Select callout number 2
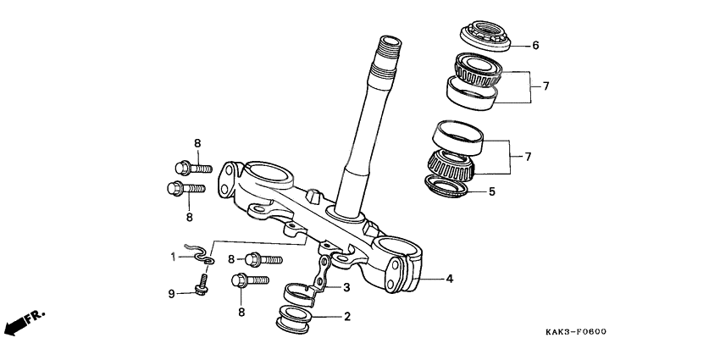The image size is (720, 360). (346, 318)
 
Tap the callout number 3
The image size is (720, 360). (346, 288)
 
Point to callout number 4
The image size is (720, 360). (450, 278)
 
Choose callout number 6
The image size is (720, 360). (534, 46)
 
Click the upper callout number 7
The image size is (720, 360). (546, 86)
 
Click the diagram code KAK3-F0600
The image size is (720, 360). (576, 333)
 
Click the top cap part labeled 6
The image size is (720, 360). (485, 37)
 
